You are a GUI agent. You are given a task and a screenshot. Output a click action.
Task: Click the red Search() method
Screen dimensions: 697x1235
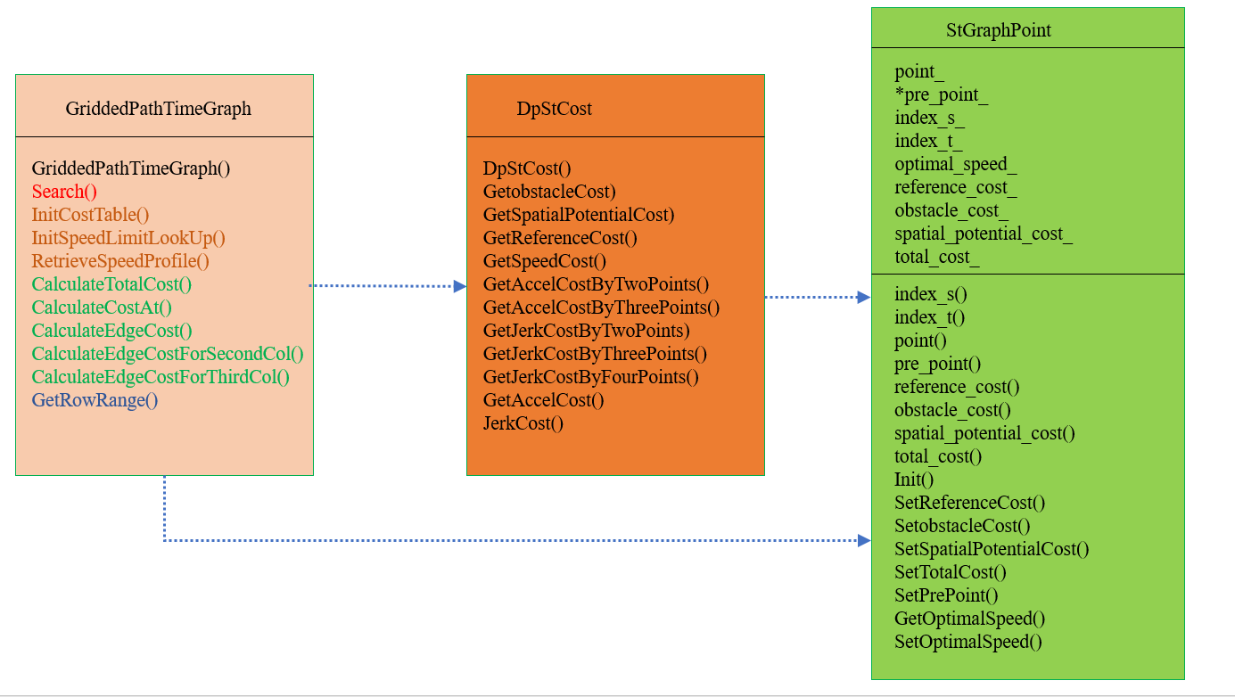64,192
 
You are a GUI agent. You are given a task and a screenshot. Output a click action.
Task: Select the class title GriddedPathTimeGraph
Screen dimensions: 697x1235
159,109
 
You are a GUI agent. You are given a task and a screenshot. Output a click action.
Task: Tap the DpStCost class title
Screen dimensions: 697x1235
554,109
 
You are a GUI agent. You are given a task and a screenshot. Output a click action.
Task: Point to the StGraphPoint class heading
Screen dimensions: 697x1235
999,30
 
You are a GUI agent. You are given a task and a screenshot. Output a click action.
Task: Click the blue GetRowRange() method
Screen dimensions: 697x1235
95,400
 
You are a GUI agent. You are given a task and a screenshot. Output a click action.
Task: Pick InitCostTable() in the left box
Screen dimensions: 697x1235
90,215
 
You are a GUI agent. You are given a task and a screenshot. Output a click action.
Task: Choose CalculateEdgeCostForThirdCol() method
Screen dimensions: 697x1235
161,377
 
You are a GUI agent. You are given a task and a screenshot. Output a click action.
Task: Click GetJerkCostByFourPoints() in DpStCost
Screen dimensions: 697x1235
590,377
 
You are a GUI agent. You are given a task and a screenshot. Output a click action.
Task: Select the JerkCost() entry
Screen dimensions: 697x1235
523,423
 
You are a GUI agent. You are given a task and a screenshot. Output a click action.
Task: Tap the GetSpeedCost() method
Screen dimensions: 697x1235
544,261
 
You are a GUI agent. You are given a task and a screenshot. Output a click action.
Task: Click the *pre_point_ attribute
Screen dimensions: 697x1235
941,94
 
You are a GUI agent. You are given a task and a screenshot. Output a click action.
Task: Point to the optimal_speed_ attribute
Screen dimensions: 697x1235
956,164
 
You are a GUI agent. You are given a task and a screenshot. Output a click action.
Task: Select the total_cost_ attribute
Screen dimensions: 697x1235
937,257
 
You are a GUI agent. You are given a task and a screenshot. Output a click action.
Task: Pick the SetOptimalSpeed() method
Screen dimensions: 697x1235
967,642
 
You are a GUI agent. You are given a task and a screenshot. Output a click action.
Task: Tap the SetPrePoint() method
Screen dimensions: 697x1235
946,595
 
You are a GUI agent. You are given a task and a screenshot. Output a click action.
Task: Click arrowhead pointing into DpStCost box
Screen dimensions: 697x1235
460,286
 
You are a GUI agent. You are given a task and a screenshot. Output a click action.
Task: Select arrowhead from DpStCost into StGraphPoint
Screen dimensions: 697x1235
864,297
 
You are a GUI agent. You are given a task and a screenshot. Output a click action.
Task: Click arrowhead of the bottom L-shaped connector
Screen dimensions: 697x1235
864,540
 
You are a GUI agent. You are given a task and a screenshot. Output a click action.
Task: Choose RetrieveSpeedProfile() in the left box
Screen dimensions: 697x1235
120,261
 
